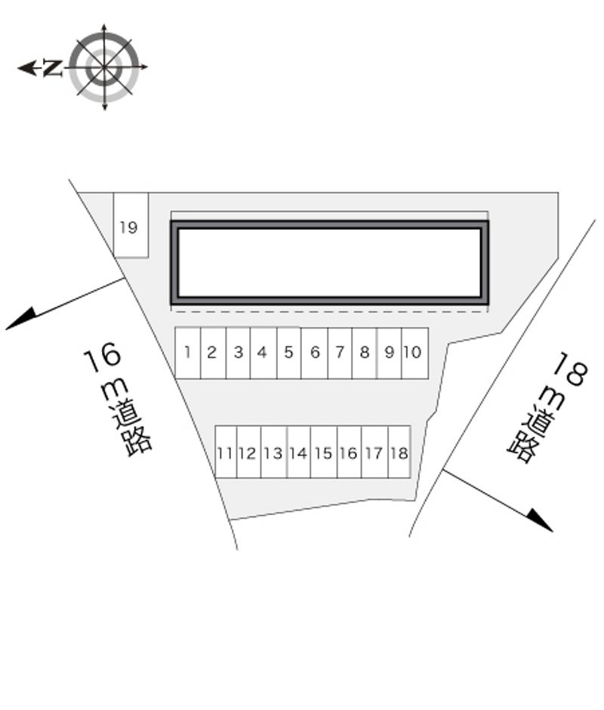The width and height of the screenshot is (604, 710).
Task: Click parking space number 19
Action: click(x=131, y=225)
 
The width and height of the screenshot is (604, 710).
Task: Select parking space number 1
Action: click(x=188, y=353)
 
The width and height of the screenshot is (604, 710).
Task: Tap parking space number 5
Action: click(x=289, y=353)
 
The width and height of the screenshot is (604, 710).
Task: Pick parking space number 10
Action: click(x=414, y=353)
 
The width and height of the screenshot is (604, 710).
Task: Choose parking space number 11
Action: click(x=226, y=452)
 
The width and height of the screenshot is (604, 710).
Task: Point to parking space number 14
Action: click(x=299, y=452)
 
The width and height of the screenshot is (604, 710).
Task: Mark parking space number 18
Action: click(x=399, y=452)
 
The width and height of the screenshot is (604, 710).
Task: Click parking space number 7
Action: click(x=340, y=353)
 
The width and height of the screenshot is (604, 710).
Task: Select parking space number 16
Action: click(x=349, y=452)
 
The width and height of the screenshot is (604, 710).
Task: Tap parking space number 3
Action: click(x=238, y=353)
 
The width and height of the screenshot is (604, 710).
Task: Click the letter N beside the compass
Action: click(x=53, y=68)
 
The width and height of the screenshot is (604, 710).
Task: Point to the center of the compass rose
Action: click(x=105, y=67)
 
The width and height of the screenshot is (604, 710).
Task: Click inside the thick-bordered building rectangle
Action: click(x=329, y=263)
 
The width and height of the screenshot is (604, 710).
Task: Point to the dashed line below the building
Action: click(x=329, y=311)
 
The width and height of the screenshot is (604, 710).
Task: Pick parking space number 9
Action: click(x=389, y=353)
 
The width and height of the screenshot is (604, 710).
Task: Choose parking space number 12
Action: click(x=248, y=452)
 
